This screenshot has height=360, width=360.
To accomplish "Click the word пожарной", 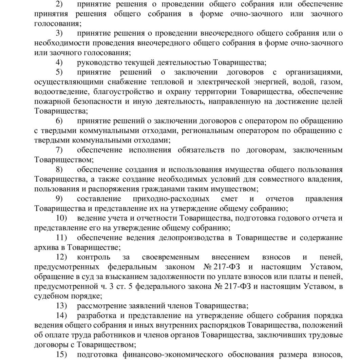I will pos(52,101).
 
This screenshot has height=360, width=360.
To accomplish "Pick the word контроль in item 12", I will pos(93,257).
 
